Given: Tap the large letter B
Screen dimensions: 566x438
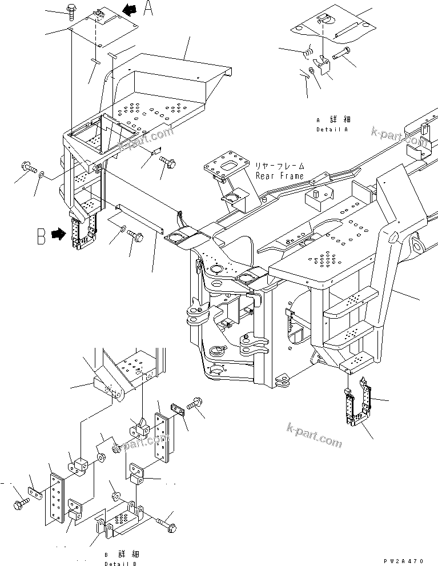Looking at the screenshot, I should (41, 236).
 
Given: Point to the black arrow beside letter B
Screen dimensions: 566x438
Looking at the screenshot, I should (58, 234).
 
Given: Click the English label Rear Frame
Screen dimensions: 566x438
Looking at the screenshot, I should (279, 175).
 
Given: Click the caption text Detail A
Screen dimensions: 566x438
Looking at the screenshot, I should (332, 130).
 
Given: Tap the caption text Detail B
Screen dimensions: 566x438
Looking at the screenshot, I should (120, 562).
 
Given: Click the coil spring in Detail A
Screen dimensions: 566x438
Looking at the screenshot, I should (309, 53).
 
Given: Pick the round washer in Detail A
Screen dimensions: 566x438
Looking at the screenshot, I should (311, 71).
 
